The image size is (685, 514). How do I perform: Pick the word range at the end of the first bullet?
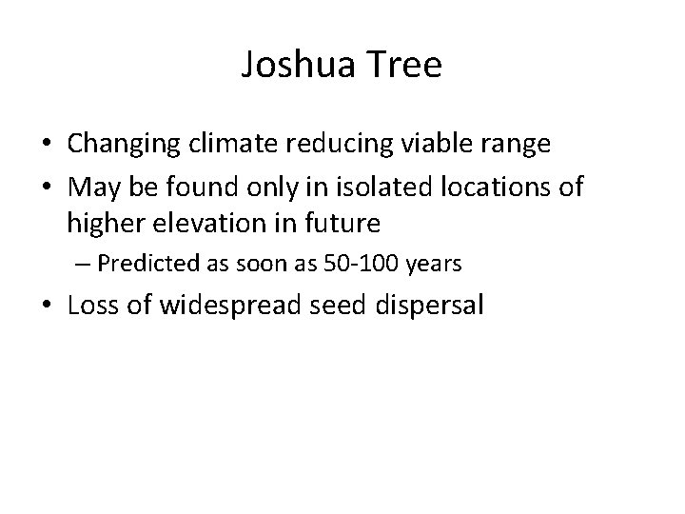click(x=519, y=145)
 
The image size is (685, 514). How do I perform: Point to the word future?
click(x=345, y=224)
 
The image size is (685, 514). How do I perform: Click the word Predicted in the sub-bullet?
click(x=138, y=264)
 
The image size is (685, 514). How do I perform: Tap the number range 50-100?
click(x=361, y=264)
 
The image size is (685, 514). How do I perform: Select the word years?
click(x=434, y=264)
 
